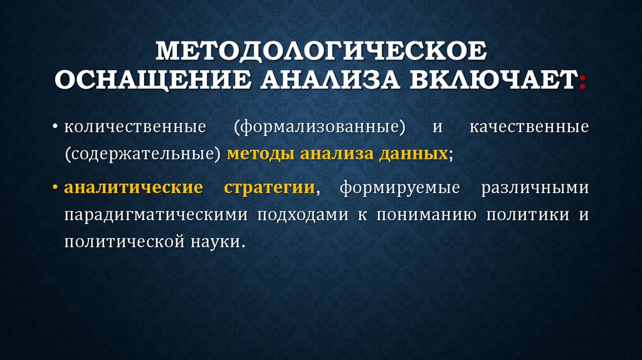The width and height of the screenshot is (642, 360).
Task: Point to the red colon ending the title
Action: pos(584,83)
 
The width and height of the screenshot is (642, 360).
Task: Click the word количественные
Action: pos(135,127)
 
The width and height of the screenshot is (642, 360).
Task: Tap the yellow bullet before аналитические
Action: pos(56,187)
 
